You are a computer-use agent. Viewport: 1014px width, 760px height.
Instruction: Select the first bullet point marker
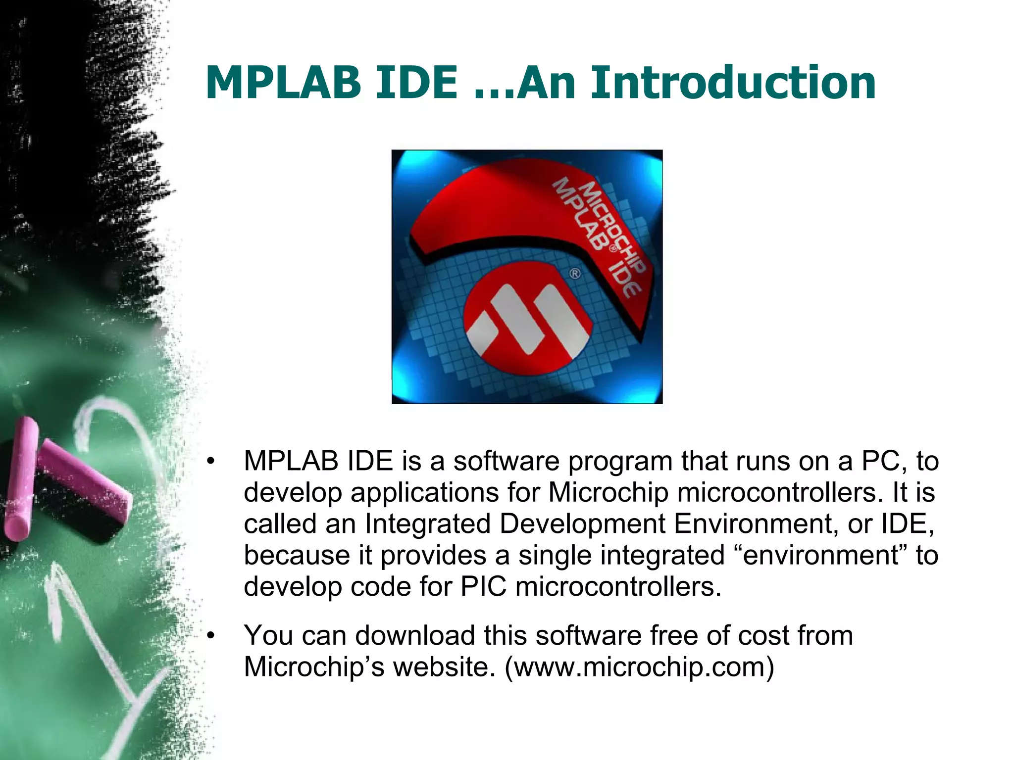click(211, 462)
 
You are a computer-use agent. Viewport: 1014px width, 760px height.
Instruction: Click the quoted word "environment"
click(820, 555)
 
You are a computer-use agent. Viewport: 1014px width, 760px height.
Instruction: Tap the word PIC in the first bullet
click(483, 587)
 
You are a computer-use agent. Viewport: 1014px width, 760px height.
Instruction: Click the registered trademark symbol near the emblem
click(575, 273)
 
